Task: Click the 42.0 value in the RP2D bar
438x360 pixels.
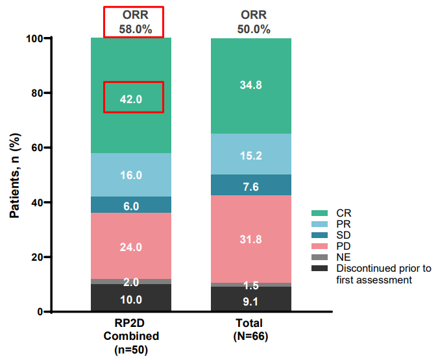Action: [131, 99]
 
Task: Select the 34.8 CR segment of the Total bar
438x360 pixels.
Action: [251, 86]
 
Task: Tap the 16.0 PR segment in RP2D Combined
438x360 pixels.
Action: [131, 175]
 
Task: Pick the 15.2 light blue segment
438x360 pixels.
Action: [251, 155]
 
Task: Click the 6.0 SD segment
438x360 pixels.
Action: [131, 206]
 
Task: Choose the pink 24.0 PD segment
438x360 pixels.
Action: [131, 246]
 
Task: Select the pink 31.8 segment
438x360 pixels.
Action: [251, 239]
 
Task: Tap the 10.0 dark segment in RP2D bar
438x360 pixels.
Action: [131, 300]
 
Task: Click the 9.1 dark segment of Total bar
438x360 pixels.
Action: [251, 300]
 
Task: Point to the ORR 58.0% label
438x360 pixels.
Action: [134, 21]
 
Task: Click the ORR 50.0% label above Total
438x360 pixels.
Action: [253, 21]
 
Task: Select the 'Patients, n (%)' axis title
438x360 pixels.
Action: [14, 175]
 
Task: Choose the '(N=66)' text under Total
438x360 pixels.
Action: [250, 337]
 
